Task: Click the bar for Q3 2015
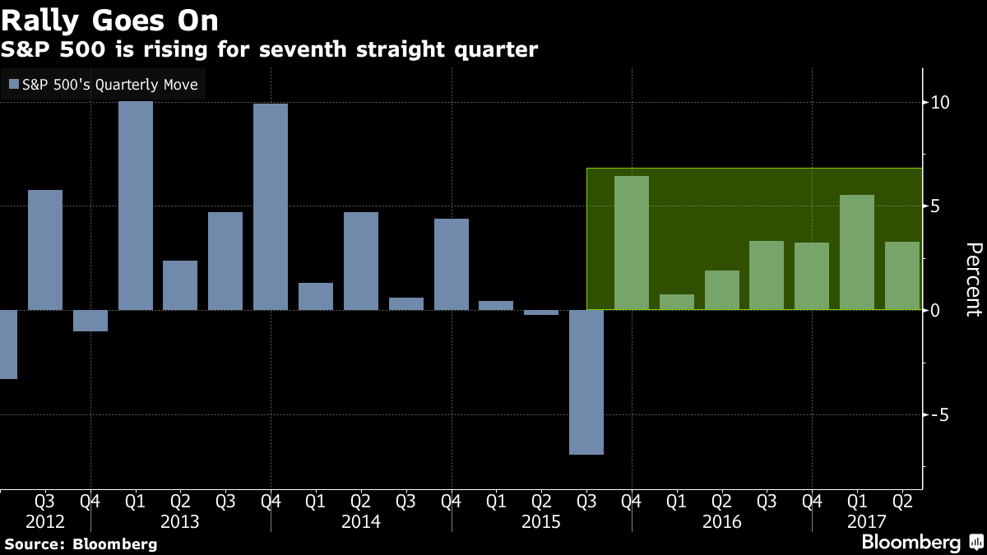pyautogui.click(x=586, y=382)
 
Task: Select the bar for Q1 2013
pyautogui.click(x=136, y=206)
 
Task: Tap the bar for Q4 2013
pyautogui.click(x=271, y=207)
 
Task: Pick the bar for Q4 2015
pyautogui.click(x=632, y=243)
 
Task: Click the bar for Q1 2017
pyautogui.click(x=857, y=252)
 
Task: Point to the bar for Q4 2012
pyautogui.click(x=90, y=321)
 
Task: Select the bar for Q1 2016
pyautogui.click(x=677, y=302)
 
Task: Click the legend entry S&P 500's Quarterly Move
pyautogui.click(x=103, y=84)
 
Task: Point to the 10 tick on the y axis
pyautogui.click(x=941, y=103)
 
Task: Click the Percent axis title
pyautogui.click(x=973, y=280)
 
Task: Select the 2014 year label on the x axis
pyautogui.click(x=360, y=522)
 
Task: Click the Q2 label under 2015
pyautogui.click(x=541, y=500)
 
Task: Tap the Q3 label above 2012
pyautogui.click(x=45, y=500)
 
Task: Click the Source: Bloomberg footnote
pyautogui.click(x=81, y=543)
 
